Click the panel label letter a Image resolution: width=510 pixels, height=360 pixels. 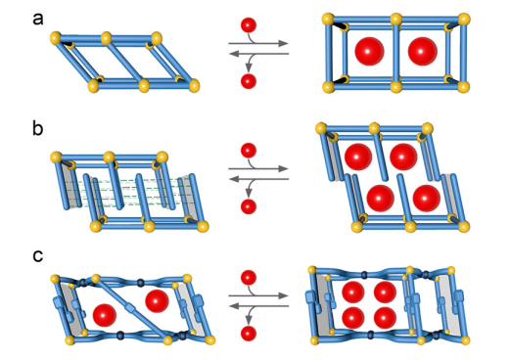point(38,20)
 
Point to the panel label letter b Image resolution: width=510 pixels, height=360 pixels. point(38,128)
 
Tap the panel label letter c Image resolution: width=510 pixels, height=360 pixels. point(38,256)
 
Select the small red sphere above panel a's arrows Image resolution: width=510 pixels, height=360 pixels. point(249,25)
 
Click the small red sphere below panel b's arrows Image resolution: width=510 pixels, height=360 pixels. point(249,206)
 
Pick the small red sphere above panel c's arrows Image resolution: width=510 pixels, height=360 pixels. point(249,278)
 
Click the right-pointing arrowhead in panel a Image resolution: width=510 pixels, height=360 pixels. point(284,43)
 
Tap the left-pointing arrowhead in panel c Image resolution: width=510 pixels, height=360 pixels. point(234,306)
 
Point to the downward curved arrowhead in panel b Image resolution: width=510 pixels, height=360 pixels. point(249,194)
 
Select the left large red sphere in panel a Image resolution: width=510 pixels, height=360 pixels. point(369,51)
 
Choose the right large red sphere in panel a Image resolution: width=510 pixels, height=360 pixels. point(423,51)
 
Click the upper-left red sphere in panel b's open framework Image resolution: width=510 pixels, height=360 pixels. point(358,157)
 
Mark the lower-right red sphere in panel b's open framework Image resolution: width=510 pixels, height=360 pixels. point(427,199)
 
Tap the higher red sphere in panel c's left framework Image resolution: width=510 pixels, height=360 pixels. point(157,301)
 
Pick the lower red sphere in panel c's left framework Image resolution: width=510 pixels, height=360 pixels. point(105,316)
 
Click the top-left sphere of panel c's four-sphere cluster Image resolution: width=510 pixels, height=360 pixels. point(353,292)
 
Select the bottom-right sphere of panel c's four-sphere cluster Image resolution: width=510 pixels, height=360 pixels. point(385,318)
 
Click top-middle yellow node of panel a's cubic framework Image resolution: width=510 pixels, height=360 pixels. point(396,20)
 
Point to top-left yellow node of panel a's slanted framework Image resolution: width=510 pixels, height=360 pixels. point(56,37)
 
